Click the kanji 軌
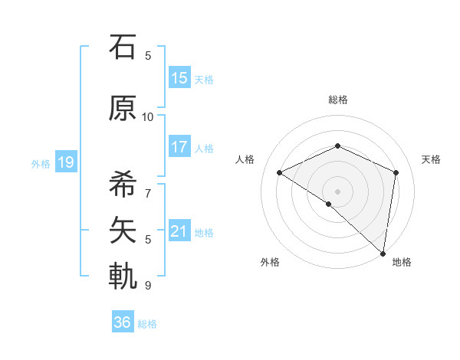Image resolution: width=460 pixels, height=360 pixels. [x=123, y=275]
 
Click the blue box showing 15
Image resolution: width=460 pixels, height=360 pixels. [x=179, y=78]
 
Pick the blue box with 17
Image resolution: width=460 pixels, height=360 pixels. [x=179, y=147]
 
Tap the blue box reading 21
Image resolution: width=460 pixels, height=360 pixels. [x=179, y=231]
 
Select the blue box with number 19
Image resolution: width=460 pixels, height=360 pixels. [x=65, y=162]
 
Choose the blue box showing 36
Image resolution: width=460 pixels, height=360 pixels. [x=123, y=322]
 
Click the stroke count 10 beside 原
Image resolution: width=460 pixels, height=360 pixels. [x=148, y=116]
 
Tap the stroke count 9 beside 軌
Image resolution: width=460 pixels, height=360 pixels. [x=148, y=285]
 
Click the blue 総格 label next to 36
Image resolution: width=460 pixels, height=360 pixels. [x=147, y=324]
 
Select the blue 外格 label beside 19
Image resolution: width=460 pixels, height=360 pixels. [x=41, y=163]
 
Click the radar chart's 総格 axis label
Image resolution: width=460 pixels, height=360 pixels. [x=337, y=100]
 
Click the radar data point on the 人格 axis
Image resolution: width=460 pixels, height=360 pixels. [x=280, y=173]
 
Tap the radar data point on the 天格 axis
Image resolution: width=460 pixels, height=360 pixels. [x=396, y=172]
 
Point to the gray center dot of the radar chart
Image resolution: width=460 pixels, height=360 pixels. [x=337, y=191]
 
